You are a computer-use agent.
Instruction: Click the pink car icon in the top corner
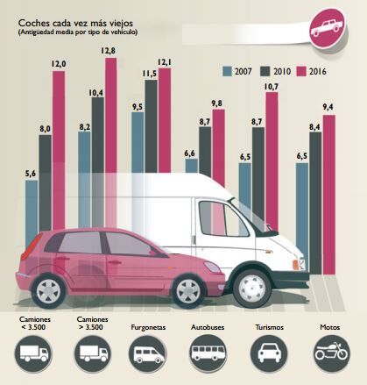tap(327, 25)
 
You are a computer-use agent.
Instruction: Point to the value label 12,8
tap(110, 51)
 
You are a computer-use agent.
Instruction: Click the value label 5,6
tap(31, 174)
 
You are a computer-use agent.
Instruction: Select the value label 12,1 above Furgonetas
tap(164, 61)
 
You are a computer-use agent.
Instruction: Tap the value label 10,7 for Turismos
tap(271, 87)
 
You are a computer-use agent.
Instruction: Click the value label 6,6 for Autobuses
tap(190, 153)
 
